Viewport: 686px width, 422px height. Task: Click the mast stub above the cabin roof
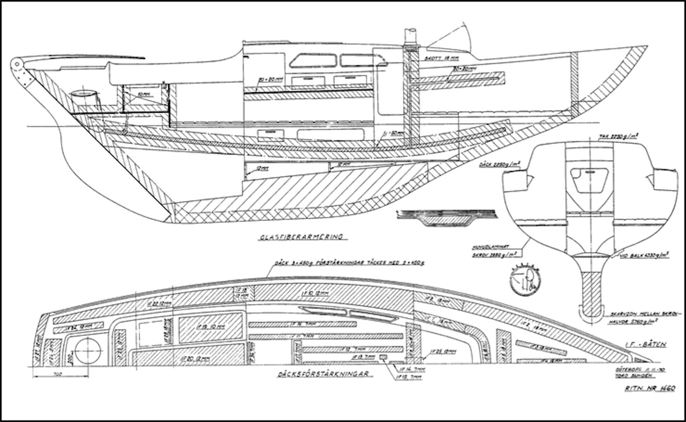(410, 37)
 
